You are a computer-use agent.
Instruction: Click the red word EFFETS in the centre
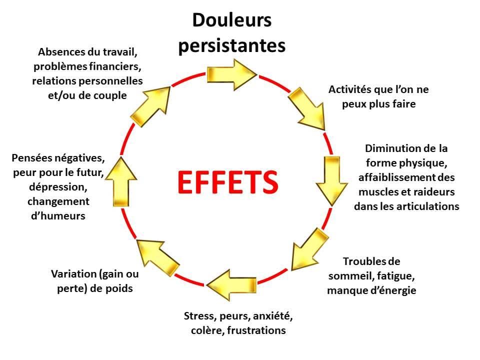227,182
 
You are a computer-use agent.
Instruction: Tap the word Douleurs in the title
231,20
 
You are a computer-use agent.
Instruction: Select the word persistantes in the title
231,45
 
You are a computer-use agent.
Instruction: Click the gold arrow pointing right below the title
232,74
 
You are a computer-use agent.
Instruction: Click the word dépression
58,187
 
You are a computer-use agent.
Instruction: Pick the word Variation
73,274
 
